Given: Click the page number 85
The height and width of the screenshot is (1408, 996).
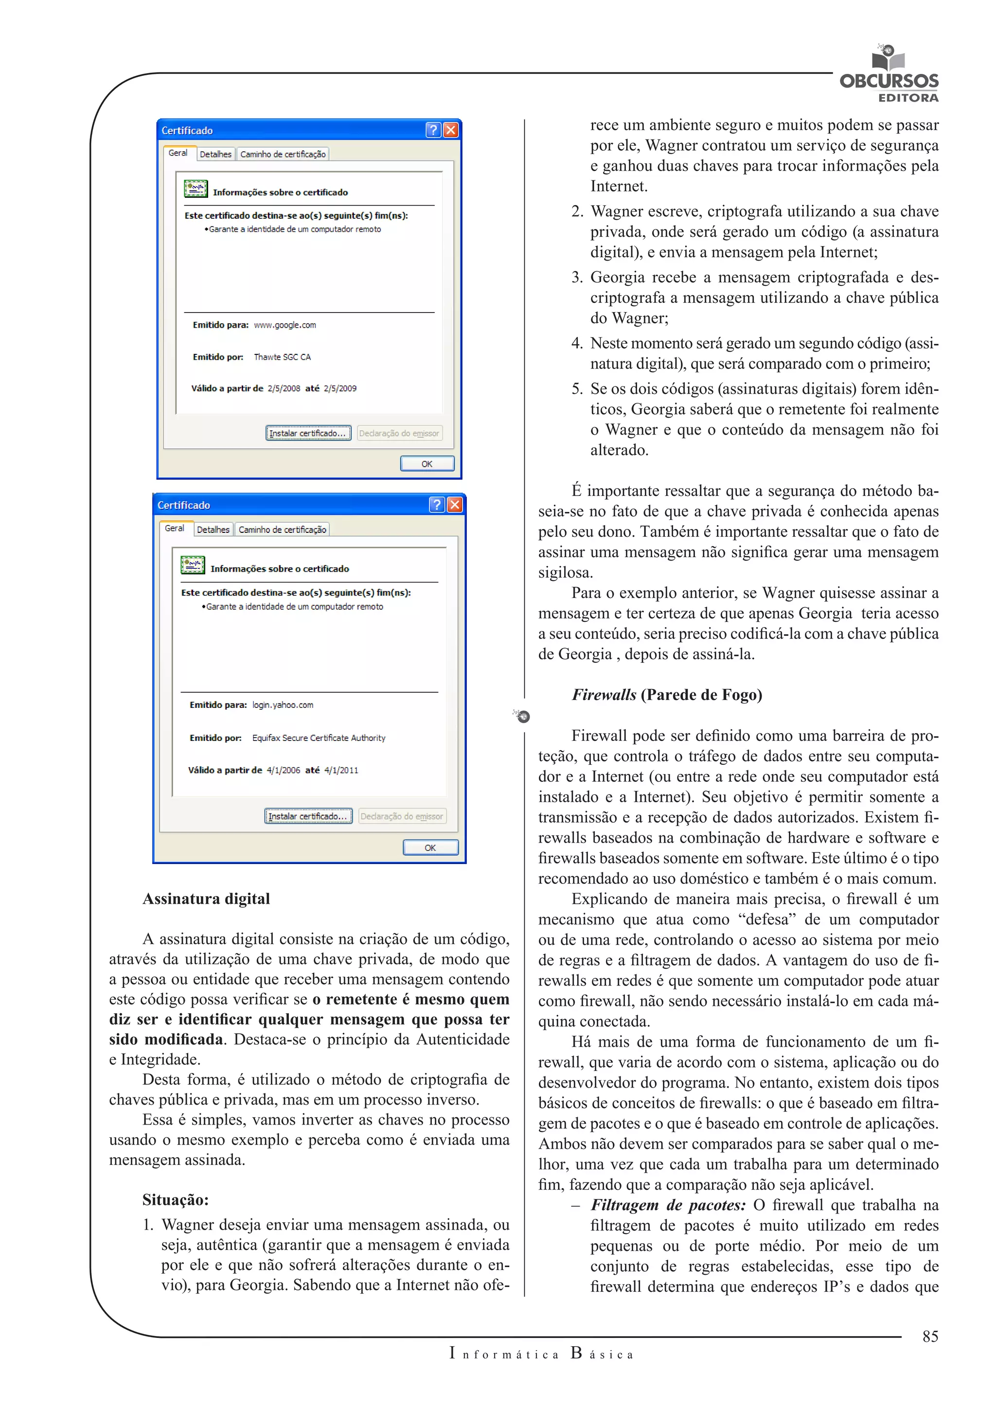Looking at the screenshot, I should pos(930,1336).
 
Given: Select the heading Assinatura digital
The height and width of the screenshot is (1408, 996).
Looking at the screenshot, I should pos(206,898).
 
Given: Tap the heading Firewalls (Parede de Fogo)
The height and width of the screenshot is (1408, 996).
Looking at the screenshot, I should pos(667,694).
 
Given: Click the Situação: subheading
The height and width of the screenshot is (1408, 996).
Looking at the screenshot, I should pos(176,1199).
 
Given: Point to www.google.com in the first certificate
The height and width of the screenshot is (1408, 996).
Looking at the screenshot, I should pos(285,325).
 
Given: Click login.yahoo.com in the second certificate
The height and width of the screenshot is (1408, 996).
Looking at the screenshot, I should pos(283,705).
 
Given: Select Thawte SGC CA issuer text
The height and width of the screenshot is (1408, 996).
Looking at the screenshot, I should pos(282,357).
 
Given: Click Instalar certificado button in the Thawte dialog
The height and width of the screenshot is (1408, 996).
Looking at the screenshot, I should pos(308,433).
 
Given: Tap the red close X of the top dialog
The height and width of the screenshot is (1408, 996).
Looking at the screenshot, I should pos(451,130).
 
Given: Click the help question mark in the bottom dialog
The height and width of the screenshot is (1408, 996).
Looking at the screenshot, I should pos(436,505).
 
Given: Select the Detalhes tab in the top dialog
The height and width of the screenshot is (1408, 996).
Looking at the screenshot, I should pos(215,154).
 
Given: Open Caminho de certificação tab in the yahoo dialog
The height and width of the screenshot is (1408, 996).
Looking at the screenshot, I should pos(282,529).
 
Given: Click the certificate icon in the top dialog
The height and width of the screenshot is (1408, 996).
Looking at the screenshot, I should pos(196,189).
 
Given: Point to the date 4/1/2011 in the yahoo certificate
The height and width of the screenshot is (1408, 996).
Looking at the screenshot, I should pos(341,770).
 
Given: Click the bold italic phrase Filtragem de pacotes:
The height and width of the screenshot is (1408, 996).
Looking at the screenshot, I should pos(668,1205).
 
